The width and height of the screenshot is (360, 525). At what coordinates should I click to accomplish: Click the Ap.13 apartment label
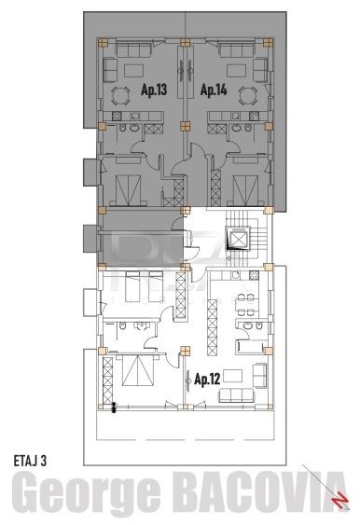(154, 90)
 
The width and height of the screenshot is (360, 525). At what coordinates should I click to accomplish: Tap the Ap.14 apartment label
(214, 90)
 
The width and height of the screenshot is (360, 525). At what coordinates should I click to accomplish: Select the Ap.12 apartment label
(208, 380)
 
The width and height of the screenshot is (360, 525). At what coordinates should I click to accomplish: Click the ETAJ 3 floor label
(37, 460)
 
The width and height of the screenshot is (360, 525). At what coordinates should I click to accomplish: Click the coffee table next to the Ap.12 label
(234, 375)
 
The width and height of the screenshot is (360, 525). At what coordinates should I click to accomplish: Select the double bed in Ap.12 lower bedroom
(132, 373)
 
